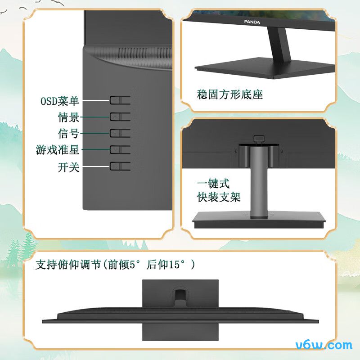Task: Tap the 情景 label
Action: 68,117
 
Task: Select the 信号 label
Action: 68,134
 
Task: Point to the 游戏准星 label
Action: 58,149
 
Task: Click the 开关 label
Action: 68,167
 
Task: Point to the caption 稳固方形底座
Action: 230,94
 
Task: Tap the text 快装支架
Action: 219,197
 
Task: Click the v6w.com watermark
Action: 324,345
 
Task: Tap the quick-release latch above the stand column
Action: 258,139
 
